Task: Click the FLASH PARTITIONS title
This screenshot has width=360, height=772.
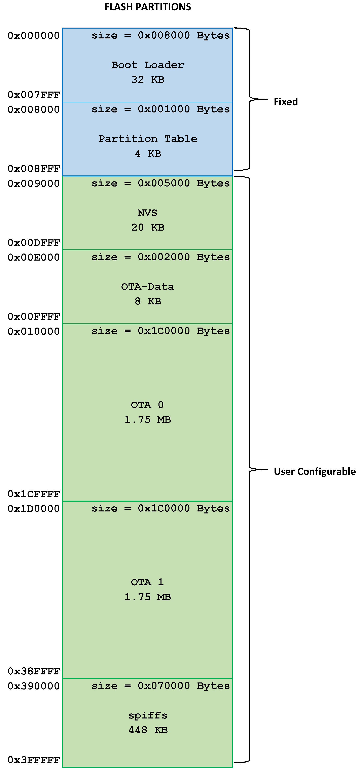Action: click(148, 7)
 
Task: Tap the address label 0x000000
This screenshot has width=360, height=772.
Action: click(34, 36)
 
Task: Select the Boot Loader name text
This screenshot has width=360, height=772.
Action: click(147, 65)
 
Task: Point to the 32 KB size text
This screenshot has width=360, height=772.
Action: click(148, 79)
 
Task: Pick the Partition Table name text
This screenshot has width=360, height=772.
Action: click(148, 139)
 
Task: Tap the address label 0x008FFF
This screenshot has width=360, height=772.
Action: click(34, 169)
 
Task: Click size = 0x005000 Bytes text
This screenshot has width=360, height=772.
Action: click(160, 183)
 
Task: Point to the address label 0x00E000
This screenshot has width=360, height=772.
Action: click(34, 257)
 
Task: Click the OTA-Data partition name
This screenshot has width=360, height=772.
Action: click(147, 287)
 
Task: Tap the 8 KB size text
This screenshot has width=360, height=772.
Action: click(148, 301)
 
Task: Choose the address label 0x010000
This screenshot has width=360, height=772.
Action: click(34, 331)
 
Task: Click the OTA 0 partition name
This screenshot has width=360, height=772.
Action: click(147, 405)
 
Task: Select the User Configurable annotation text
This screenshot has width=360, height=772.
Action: click(315, 471)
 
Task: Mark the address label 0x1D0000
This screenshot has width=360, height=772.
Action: click(34, 509)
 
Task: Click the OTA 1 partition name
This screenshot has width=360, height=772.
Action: click(147, 582)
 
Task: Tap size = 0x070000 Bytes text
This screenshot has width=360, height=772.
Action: click(160, 685)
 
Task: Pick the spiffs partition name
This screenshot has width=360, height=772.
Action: click(148, 715)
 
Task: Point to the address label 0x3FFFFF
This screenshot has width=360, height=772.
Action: click(34, 760)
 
